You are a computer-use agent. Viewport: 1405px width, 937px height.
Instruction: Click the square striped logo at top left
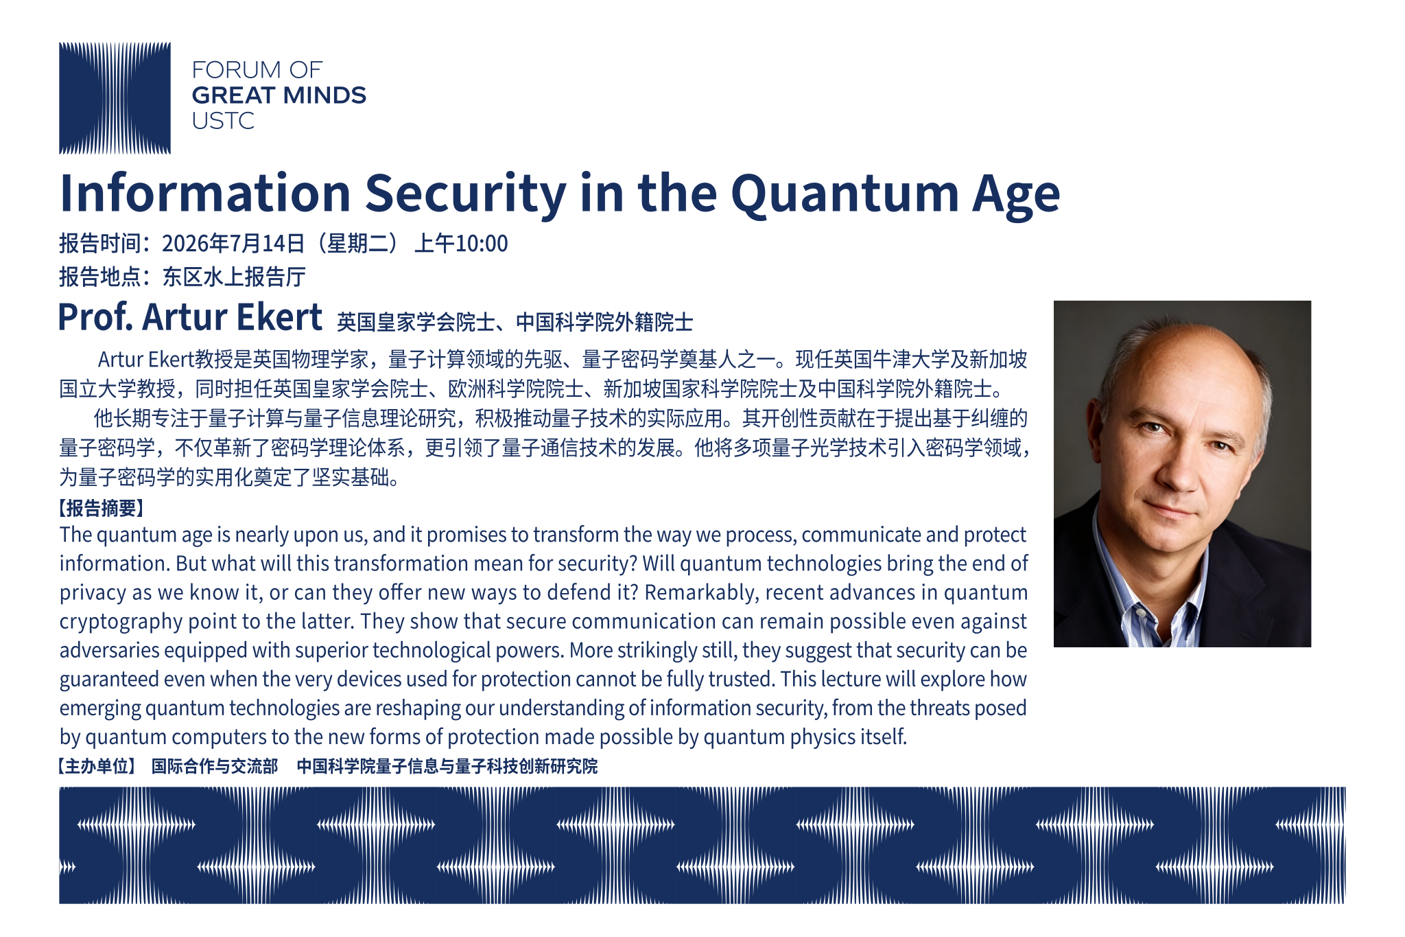(x=115, y=98)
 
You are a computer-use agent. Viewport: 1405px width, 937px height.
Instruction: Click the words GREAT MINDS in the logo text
(x=279, y=95)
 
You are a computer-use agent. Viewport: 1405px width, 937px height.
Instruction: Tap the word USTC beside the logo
(x=223, y=121)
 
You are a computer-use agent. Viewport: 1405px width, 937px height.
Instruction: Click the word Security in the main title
(x=466, y=194)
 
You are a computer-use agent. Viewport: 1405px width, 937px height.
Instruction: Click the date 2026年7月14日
(x=233, y=244)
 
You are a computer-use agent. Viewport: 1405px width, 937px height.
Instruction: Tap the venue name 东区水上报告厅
(x=234, y=277)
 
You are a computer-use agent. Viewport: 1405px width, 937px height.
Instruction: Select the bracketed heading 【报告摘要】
(x=102, y=508)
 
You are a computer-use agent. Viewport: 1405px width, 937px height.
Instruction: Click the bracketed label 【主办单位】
(x=97, y=766)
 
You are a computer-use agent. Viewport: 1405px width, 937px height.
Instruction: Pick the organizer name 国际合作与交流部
(x=215, y=766)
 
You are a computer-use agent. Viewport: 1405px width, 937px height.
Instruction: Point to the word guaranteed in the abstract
(x=109, y=680)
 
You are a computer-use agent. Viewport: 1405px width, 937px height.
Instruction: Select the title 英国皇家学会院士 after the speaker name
(x=416, y=322)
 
